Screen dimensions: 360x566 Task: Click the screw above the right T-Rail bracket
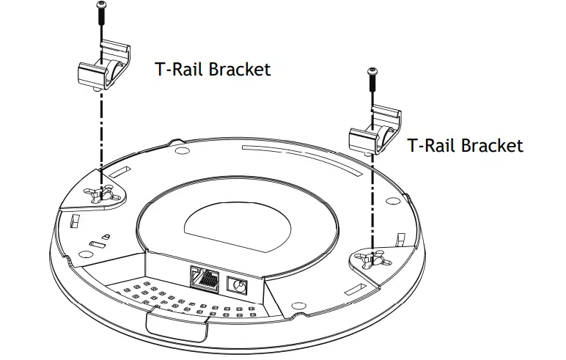(373, 81)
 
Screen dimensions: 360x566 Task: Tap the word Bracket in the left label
(240, 70)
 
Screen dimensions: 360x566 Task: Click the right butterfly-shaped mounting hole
(372, 260)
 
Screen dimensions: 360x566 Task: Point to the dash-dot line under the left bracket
(100, 132)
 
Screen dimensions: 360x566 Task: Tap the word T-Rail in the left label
(180, 70)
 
